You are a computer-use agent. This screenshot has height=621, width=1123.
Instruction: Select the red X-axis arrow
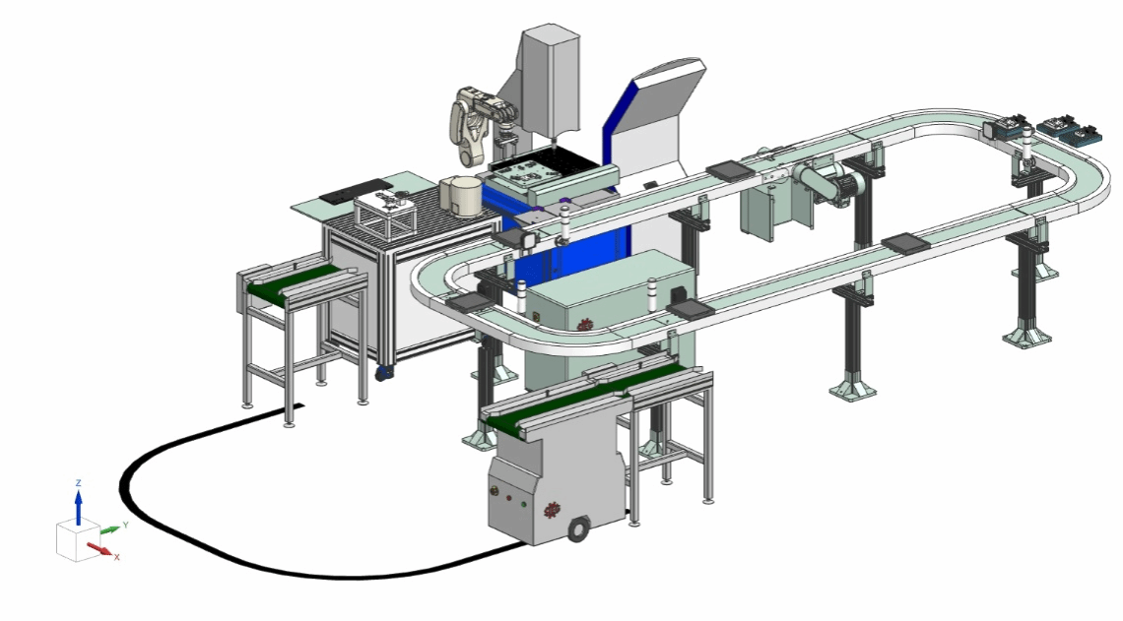[x=99, y=549]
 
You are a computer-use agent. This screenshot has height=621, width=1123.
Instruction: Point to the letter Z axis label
[x=79, y=483]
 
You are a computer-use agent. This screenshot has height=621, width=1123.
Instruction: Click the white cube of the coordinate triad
[x=78, y=541]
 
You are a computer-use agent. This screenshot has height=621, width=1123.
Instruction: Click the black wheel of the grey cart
[x=577, y=530]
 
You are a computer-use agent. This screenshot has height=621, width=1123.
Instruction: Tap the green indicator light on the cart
[x=523, y=505]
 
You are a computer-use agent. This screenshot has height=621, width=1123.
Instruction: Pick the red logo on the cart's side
[x=552, y=510]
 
